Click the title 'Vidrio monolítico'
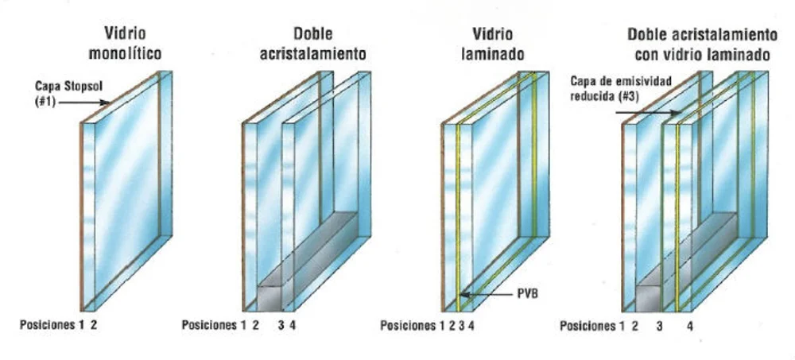click(x=126, y=43)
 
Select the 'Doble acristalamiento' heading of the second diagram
click(x=312, y=44)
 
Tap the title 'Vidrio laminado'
click(x=492, y=44)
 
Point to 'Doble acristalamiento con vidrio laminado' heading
click(x=702, y=45)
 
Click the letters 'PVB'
click(x=526, y=293)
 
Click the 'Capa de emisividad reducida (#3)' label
click(x=621, y=88)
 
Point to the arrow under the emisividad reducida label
click(x=648, y=112)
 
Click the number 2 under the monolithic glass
click(x=93, y=325)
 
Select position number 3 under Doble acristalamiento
click(x=281, y=325)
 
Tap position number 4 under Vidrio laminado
click(x=471, y=326)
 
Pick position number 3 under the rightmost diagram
click(x=658, y=326)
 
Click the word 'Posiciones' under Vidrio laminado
click(x=408, y=326)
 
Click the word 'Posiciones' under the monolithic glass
click(x=47, y=325)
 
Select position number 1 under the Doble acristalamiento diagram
click(x=243, y=325)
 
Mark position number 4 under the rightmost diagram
click(x=689, y=326)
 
